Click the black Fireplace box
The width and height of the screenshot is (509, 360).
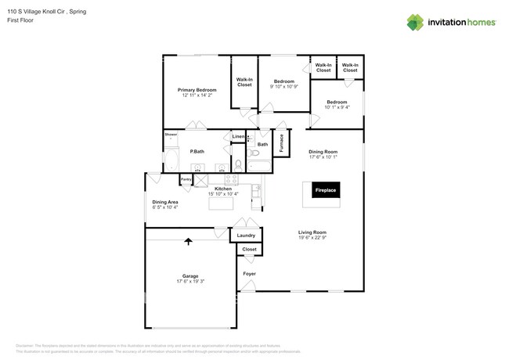coord(325,190)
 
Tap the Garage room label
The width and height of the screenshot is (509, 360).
coord(190,275)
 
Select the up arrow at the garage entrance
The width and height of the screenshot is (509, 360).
coord(188,242)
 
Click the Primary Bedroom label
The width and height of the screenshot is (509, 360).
coord(197,90)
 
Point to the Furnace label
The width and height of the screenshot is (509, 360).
coord(281,143)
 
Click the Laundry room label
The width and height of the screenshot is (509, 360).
coord(246,235)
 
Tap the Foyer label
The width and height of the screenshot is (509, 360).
coord(249,274)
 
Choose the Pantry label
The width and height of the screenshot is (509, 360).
coord(186,179)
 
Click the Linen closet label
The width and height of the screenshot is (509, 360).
coord(238,137)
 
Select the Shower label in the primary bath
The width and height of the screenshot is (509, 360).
coord(171,135)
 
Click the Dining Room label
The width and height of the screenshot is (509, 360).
coord(322,151)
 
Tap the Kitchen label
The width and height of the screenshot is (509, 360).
coord(223,189)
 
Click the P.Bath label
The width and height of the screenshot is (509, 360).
coord(197,151)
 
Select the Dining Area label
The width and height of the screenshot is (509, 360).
coord(164,202)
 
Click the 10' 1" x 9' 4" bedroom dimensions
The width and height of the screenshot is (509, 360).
coord(337,107)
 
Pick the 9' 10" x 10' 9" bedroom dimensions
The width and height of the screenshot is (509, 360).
coord(283,86)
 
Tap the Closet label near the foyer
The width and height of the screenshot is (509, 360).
coord(249,250)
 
